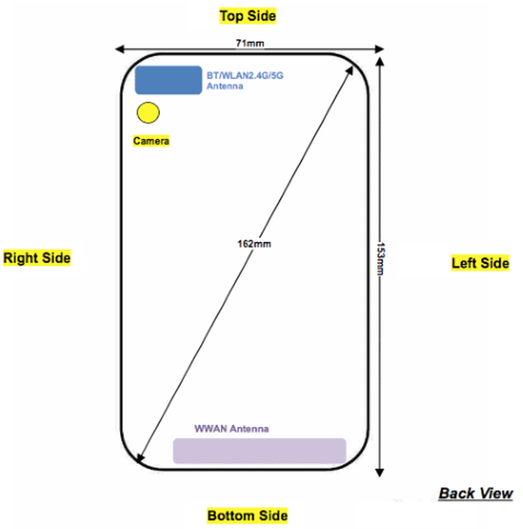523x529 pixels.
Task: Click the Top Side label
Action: point(248,16)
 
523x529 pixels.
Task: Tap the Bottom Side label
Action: point(247,515)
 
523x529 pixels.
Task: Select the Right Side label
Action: point(37,258)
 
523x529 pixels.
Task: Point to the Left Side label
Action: point(480,263)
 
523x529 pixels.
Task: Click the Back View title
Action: point(476,493)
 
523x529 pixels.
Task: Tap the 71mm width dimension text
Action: point(250,43)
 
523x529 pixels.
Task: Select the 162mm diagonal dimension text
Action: point(254,244)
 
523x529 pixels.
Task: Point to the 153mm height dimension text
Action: point(380,259)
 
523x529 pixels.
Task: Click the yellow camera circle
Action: point(148,113)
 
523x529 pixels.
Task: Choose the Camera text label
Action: point(151,140)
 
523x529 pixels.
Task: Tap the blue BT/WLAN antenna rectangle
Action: point(169,80)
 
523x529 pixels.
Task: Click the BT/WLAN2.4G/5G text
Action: point(245,75)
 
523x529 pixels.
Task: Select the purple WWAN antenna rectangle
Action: point(260,451)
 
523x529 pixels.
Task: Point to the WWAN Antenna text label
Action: point(231,429)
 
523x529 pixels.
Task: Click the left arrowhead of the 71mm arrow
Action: point(119,49)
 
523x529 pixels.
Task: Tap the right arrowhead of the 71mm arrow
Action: point(380,49)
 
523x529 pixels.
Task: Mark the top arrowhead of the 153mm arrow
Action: point(380,62)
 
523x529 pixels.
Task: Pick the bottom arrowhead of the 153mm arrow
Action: point(380,472)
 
